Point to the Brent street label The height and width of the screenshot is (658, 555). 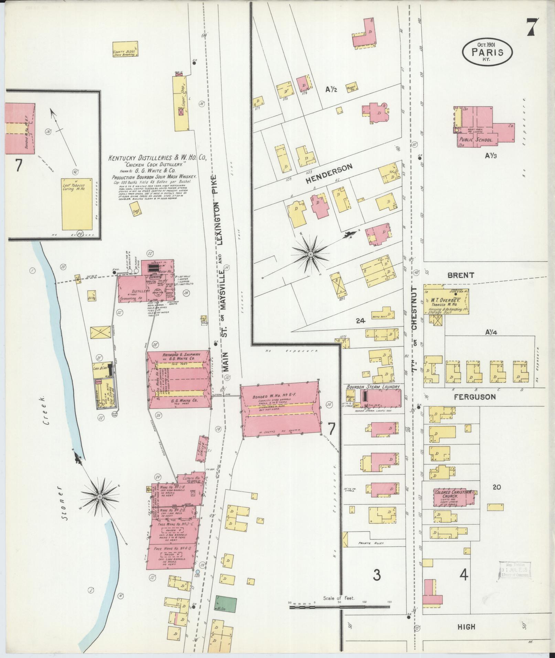point(461,275)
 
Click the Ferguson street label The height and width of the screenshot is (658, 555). point(474,397)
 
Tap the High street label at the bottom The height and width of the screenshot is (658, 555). point(466,627)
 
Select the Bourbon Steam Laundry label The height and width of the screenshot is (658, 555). point(373,387)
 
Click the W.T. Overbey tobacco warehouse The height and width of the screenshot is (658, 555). point(446,299)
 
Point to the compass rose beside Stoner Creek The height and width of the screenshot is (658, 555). point(99,497)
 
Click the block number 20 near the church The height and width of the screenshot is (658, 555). point(497,487)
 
